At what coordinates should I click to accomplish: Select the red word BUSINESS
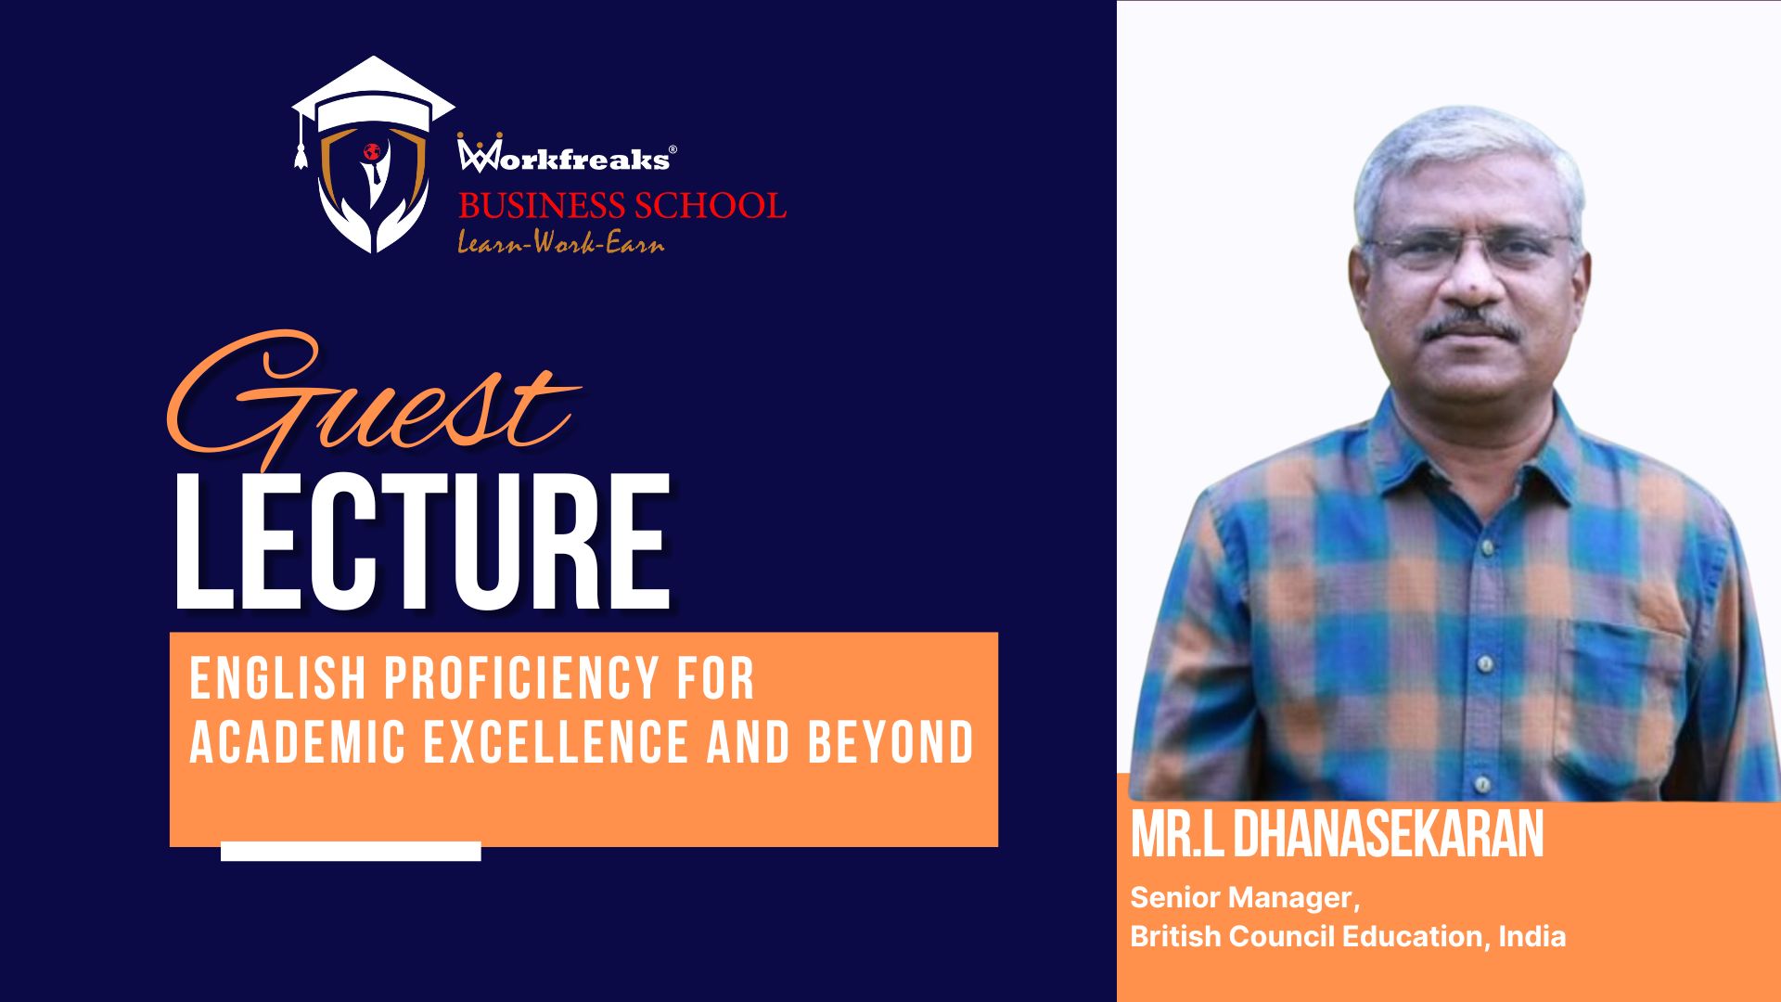click(541, 205)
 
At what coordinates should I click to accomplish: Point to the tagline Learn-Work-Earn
click(561, 243)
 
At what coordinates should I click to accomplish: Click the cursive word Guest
click(371, 401)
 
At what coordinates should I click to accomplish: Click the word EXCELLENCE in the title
click(557, 742)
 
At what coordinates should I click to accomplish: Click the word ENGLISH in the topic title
click(278, 679)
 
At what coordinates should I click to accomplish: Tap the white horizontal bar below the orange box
click(351, 852)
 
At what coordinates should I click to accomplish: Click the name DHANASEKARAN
click(1388, 835)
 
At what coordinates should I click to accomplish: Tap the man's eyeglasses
click(1469, 249)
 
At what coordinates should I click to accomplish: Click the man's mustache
click(1471, 327)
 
